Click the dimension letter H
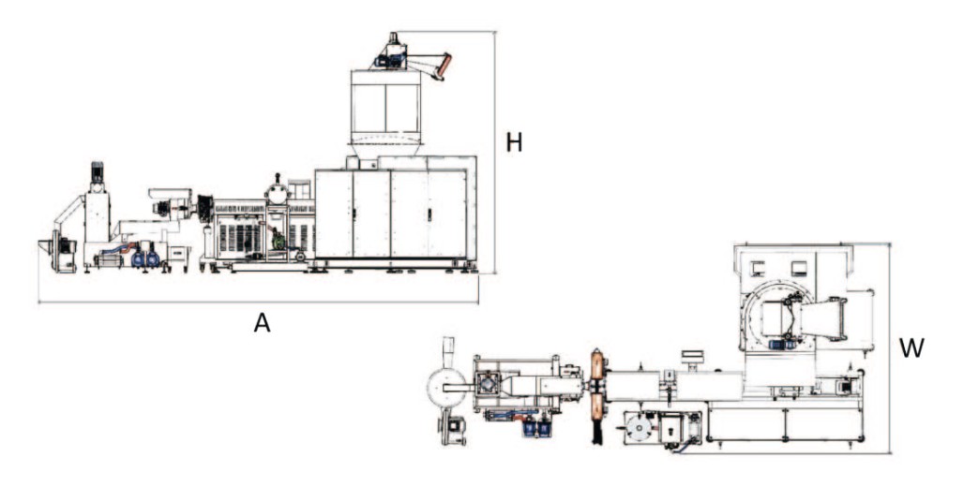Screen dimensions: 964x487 514,142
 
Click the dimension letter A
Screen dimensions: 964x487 262,322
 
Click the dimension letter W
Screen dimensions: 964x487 911,348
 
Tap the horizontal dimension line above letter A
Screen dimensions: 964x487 258,303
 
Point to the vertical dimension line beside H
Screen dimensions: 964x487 495,153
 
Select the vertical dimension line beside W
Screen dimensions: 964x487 890,348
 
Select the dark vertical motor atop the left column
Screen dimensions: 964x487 98,172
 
